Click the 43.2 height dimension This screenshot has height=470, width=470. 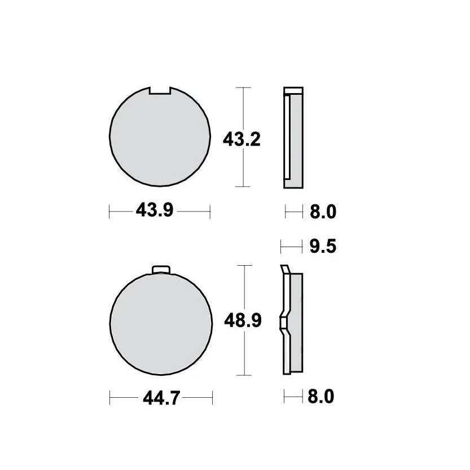241,139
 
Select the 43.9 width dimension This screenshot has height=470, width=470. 155,210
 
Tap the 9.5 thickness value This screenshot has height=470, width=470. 323,247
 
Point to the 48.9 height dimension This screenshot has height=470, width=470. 243,320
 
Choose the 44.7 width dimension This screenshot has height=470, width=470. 161,398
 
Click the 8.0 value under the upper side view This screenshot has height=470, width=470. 323,212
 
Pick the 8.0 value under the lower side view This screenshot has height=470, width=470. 320,397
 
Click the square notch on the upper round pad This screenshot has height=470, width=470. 160,90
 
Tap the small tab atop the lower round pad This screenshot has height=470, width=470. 161,270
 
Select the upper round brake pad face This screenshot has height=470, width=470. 160,137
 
